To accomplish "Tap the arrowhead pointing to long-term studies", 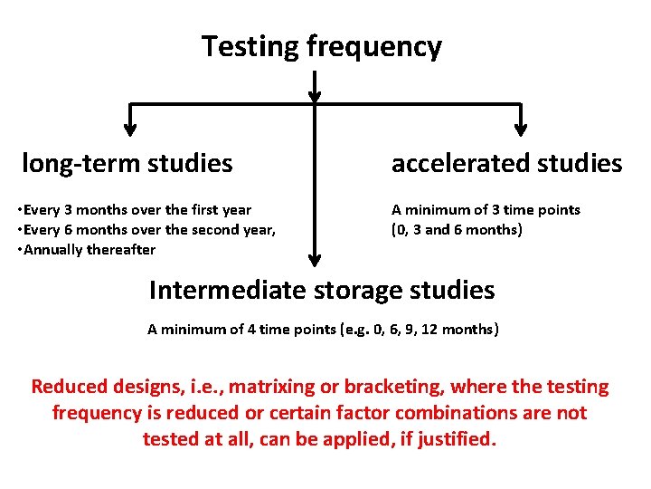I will point(130,126).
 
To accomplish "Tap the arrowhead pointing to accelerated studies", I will point(522,126).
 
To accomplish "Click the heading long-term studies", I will point(127,164).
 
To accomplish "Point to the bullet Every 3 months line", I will point(135,209).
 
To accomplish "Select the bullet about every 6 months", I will point(146,229).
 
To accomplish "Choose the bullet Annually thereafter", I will point(87,249).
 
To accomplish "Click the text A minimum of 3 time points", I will point(486,209).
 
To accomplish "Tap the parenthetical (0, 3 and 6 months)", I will point(457,229).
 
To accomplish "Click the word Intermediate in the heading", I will point(228,290).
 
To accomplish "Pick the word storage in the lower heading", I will point(360,290).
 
